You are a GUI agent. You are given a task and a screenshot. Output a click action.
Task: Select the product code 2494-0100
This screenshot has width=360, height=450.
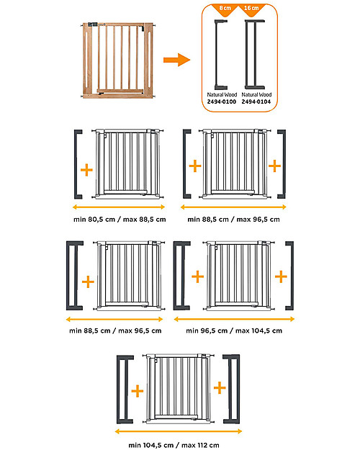[x=220, y=102]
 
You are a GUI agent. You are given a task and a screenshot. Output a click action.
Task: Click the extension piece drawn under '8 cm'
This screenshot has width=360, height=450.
[x=220, y=54]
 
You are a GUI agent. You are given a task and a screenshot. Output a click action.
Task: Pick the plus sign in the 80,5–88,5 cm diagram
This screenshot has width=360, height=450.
[x=86, y=170]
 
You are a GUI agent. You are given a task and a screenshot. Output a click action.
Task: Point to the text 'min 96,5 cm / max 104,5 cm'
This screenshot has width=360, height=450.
[x=234, y=330]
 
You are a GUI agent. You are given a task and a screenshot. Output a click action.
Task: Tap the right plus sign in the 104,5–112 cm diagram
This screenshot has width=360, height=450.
[x=220, y=389]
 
